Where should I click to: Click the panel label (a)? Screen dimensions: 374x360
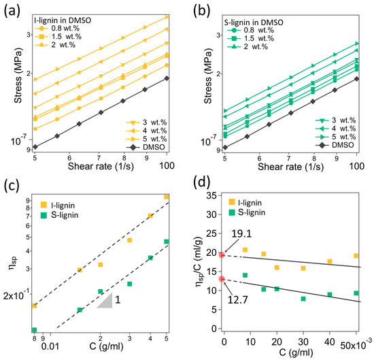tap(12, 12)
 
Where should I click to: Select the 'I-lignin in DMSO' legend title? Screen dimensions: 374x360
tap(63, 20)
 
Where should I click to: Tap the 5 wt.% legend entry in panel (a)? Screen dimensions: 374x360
tap(147, 139)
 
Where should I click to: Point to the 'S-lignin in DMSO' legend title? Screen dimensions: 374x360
tap(254, 22)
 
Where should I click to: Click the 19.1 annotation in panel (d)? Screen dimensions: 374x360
tap(241, 234)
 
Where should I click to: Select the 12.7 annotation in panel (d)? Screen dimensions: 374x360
tap(238, 300)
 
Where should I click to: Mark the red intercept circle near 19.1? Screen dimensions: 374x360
tap(222, 255)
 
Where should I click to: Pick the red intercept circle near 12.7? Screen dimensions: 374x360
tap(222, 279)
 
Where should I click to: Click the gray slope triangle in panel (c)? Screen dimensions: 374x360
tap(107, 302)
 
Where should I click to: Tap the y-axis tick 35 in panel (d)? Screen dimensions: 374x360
tap(211, 195)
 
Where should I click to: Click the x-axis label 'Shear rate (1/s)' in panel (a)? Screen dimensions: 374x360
tap(101, 166)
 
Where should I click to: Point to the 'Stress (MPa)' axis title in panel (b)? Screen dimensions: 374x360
tap(208, 76)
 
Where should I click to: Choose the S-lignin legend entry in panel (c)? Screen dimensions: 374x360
tap(60, 215)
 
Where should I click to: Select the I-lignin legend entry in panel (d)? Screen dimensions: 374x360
tap(245, 202)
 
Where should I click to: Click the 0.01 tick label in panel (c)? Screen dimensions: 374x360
tap(50, 346)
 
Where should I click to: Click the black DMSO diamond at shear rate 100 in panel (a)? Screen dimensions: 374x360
tap(167, 78)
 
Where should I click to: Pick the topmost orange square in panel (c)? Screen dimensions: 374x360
tap(166, 197)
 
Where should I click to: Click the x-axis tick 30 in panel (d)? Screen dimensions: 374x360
tap(303, 342)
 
